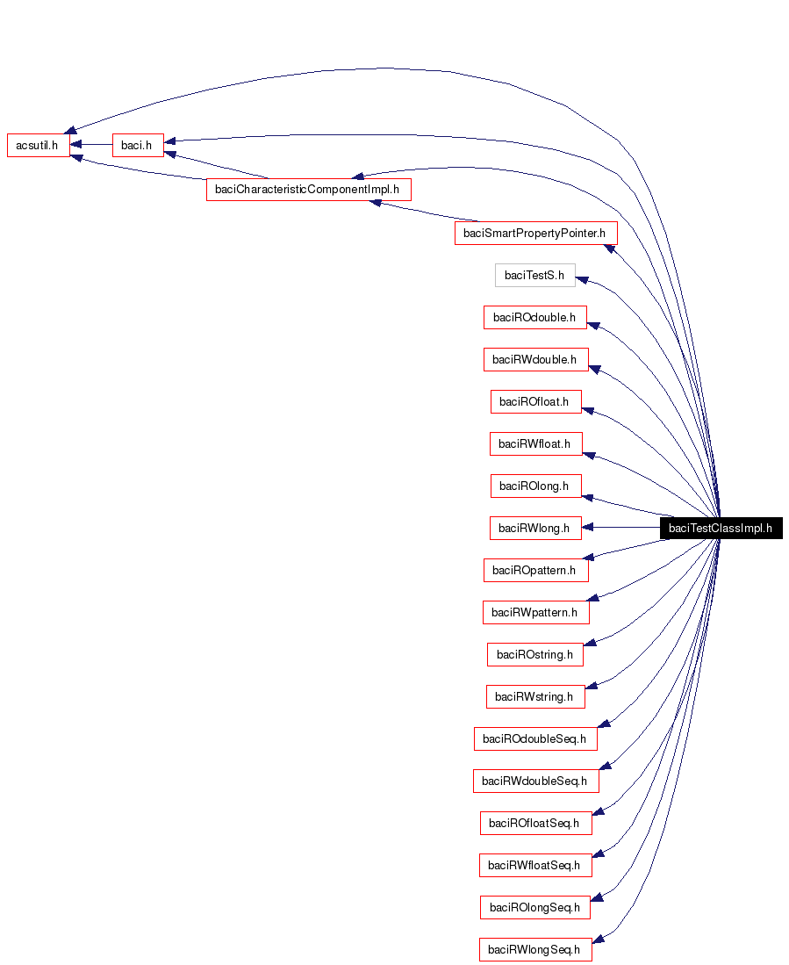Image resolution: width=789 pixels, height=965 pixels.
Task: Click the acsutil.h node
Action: coord(38,145)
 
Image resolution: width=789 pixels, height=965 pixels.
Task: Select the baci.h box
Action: coord(138,145)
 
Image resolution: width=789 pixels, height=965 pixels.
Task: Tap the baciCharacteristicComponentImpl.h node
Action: coord(308,189)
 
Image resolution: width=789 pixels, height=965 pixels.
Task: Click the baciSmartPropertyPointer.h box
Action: coord(535,233)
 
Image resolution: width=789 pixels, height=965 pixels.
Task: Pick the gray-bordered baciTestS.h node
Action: coord(534,275)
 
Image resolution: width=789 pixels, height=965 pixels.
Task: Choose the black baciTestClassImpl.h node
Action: coord(720,528)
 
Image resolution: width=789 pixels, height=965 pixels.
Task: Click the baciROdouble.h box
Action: coord(534,317)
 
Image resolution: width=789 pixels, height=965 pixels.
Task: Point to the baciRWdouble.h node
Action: coord(534,359)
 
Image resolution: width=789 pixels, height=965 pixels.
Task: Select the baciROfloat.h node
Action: coord(534,401)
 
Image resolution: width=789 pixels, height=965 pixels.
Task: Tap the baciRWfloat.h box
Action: coord(534,443)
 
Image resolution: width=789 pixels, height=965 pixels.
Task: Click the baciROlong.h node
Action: coord(534,486)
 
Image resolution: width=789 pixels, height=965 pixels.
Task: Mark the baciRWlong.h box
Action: coord(534,528)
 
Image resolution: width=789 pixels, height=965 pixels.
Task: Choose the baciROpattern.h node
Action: coord(534,570)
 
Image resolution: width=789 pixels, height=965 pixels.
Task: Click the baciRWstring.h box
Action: coord(534,696)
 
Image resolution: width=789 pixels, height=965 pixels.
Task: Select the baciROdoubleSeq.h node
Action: coord(534,738)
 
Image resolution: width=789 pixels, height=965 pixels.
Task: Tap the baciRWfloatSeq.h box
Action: coord(534,865)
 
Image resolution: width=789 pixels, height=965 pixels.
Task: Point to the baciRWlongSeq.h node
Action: coord(534,949)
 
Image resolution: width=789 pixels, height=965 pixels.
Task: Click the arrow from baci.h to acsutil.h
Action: coord(91,145)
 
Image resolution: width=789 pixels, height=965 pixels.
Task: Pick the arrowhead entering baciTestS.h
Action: coord(582,278)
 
